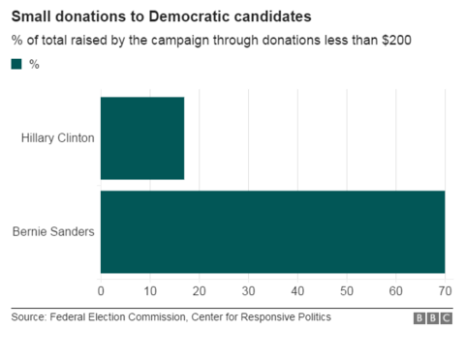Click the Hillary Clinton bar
[142, 137]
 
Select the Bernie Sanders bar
[272, 231]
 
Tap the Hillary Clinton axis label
[57, 137]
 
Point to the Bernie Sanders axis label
[53, 231]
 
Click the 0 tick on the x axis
[101, 290]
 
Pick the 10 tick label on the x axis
[150, 290]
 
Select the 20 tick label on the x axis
[199, 290]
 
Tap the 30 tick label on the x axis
[248, 290]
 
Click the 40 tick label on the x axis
[297, 290]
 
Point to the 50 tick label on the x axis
[347, 290]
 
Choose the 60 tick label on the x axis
[396, 290]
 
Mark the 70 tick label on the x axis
[445, 290]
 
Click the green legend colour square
[16, 64]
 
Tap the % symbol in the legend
[35, 64]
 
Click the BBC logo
[433, 317]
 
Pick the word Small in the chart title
[32, 16]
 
